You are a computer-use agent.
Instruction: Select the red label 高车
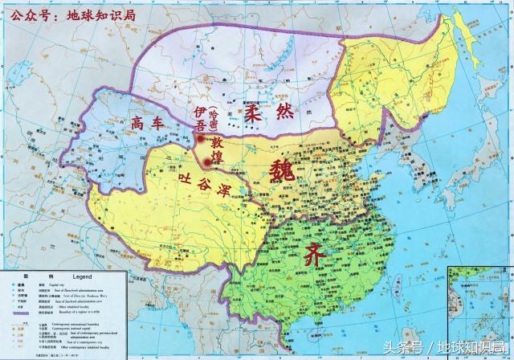[149, 122]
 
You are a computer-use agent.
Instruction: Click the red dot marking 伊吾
[198, 140]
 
